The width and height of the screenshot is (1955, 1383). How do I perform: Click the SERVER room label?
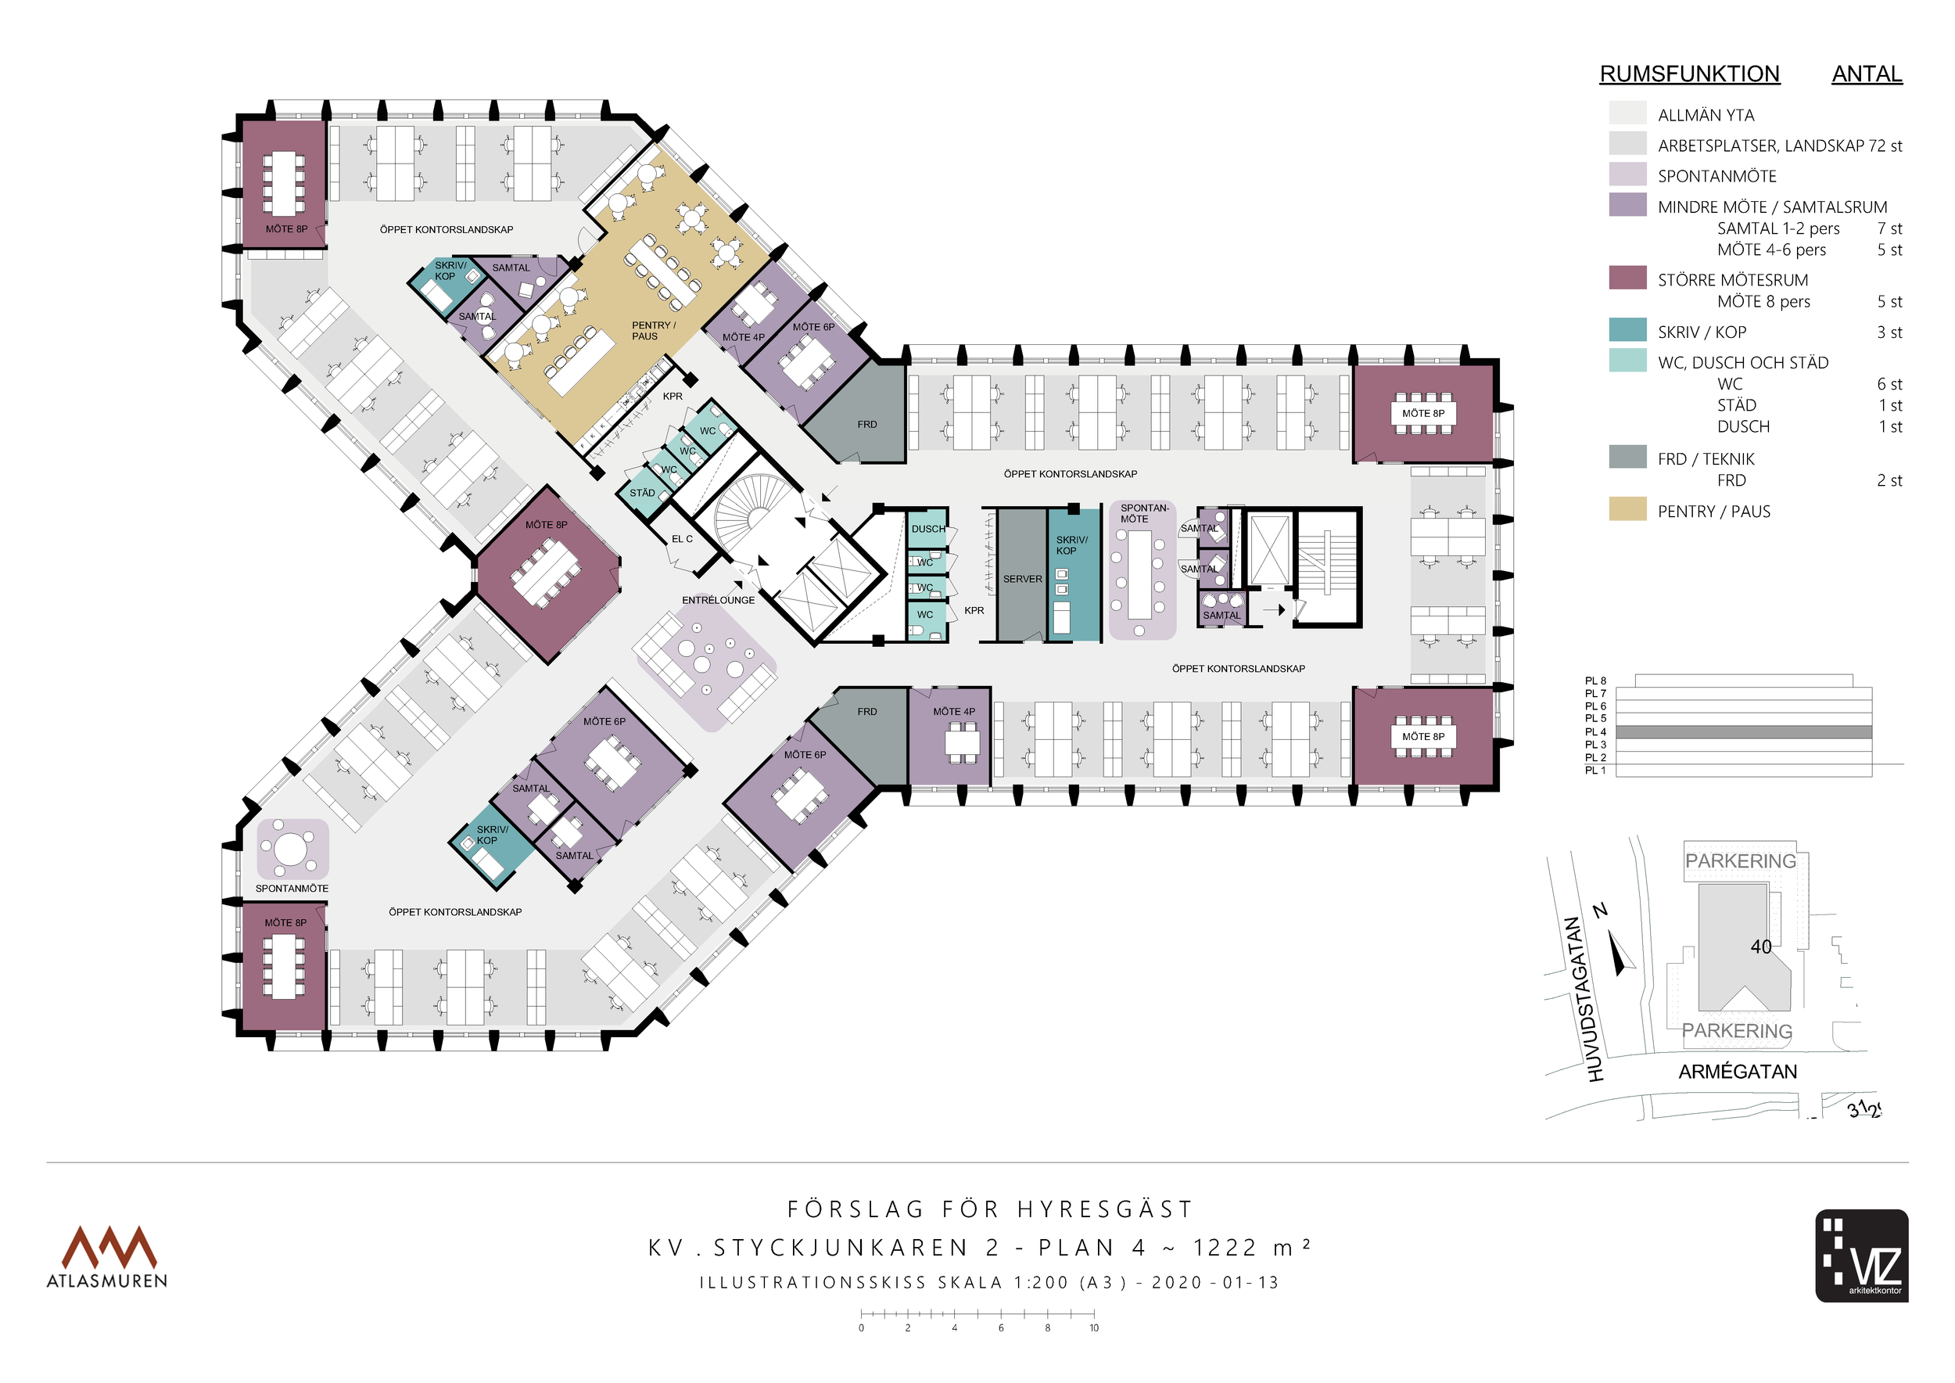click(1022, 579)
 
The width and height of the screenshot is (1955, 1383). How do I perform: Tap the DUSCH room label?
click(927, 529)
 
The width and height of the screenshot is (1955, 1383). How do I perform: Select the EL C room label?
click(682, 539)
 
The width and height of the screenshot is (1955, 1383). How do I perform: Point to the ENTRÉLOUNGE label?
click(718, 601)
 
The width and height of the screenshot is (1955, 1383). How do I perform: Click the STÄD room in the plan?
click(642, 493)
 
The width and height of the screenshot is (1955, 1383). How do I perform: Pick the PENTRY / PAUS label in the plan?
click(653, 330)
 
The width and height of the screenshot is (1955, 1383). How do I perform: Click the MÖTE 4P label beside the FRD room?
click(954, 712)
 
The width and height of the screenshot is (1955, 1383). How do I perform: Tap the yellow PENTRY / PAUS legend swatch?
click(1627, 508)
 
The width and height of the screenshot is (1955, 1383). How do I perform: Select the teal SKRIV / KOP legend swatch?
click(1627, 329)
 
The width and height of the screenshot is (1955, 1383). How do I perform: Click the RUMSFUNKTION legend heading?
click(1689, 74)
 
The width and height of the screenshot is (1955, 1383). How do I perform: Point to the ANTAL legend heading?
click(1867, 74)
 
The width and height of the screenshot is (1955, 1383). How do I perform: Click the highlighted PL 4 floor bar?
click(1743, 732)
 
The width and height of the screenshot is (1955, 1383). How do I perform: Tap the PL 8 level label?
click(1594, 681)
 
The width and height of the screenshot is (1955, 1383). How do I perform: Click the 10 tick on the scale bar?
click(1094, 1327)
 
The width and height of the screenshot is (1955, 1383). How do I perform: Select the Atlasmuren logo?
click(107, 1256)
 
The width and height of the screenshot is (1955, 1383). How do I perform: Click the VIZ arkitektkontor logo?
click(1861, 1255)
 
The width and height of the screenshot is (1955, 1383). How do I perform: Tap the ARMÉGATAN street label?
click(1737, 1072)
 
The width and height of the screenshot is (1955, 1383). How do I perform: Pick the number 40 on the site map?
click(1761, 947)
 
